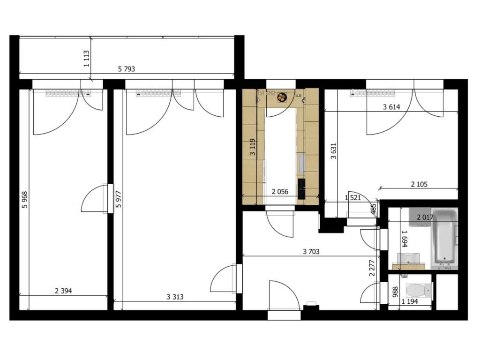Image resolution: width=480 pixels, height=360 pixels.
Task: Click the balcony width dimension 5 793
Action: click(127, 69)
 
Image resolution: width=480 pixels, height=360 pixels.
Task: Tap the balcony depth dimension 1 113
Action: click(86, 59)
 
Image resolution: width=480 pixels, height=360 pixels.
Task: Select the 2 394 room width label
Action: click(63, 291)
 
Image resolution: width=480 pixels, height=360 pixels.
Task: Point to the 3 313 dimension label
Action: click(175, 297)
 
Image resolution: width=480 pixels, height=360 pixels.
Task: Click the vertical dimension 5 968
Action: click(25, 200)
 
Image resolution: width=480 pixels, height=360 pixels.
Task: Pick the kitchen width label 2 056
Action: click(280, 192)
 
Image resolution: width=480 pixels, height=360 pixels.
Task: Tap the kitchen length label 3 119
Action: click(253, 147)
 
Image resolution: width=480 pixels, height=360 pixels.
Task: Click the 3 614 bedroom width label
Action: click(391, 107)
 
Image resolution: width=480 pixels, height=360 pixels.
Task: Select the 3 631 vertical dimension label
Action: click(334, 151)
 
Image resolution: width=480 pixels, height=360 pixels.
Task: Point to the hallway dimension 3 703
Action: click(311, 252)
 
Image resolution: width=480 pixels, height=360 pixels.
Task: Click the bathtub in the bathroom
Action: click(444, 238)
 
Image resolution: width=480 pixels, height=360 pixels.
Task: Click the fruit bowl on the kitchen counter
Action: click(282, 97)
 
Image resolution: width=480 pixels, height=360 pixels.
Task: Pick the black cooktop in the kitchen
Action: click(301, 189)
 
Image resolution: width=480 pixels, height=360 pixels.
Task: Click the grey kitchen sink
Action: click(302, 164)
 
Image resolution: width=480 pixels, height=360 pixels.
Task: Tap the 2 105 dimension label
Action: click(419, 184)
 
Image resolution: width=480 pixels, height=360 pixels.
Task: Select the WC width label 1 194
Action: click(410, 302)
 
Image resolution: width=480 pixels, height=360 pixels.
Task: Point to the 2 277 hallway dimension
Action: click(372, 268)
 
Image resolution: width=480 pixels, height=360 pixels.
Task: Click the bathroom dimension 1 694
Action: click(405, 239)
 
